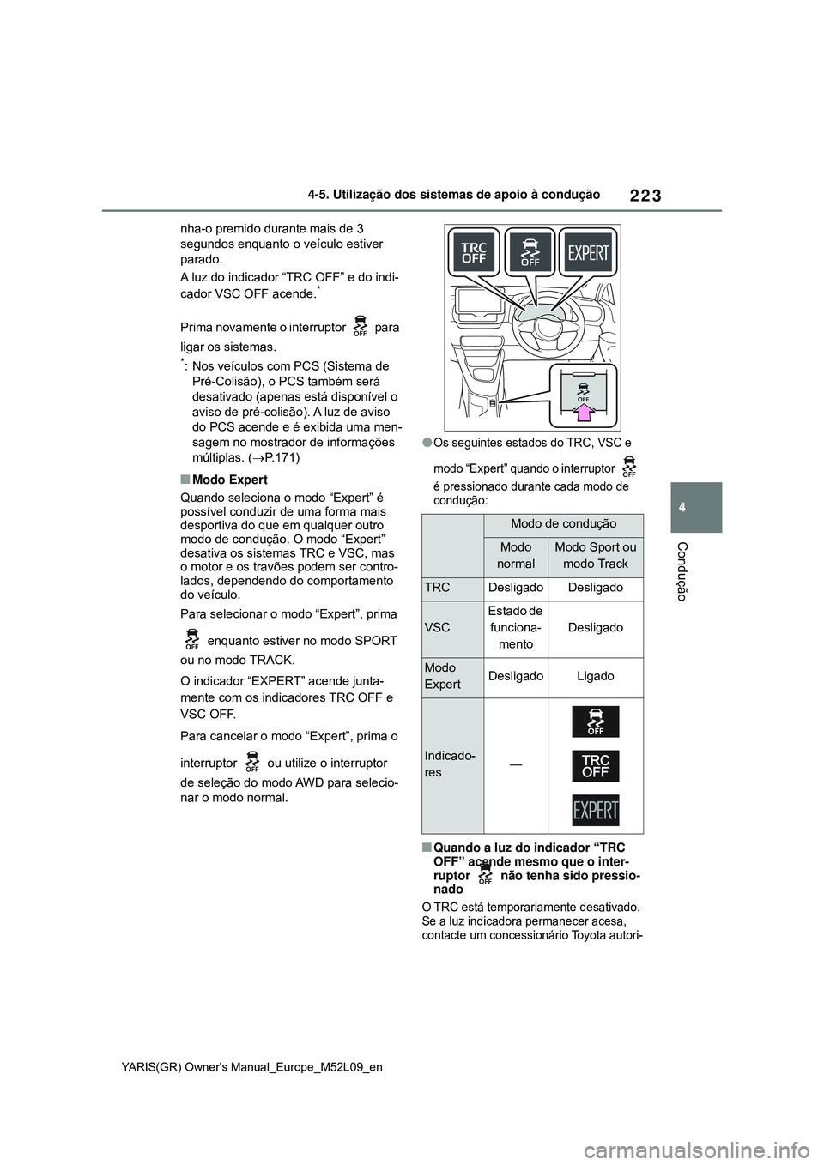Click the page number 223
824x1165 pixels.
click(x=645, y=196)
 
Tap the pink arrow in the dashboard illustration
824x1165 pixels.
click(x=583, y=414)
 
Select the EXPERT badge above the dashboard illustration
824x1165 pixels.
click(x=588, y=253)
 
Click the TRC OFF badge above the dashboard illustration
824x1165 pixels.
click(x=474, y=253)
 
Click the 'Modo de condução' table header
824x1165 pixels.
click(x=563, y=524)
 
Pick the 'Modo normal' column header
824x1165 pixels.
click(x=516, y=555)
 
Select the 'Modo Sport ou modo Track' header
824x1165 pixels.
click(x=596, y=555)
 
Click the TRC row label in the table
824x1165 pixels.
click(x=438, y=588)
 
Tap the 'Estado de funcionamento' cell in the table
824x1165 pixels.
click(x=516, y=627)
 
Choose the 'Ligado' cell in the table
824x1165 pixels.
click(x=596, y=676)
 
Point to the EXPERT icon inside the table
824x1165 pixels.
click(x=596, y=810)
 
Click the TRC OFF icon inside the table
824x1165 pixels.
click(x=596, y=766)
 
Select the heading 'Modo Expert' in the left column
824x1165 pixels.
click(x=229, y=480)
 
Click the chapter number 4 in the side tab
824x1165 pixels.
click(x=699, y=507)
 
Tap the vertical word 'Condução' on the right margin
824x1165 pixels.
click(x=682, y=571)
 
